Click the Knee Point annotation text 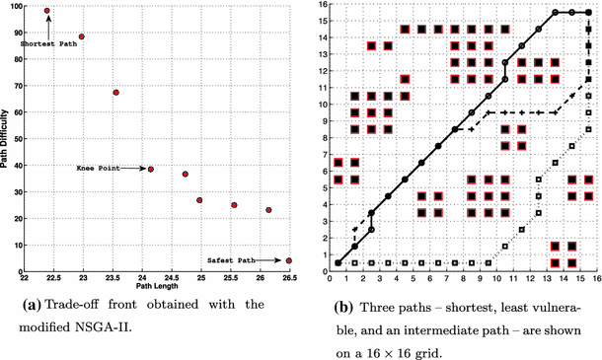click(99, 170)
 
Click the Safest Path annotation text click(232, 260)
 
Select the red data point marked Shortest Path click(47, 11)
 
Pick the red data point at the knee click(151, 169)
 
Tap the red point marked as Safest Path click(289, 260)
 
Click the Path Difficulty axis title click(7, 138)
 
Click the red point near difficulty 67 click(116, 93)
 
